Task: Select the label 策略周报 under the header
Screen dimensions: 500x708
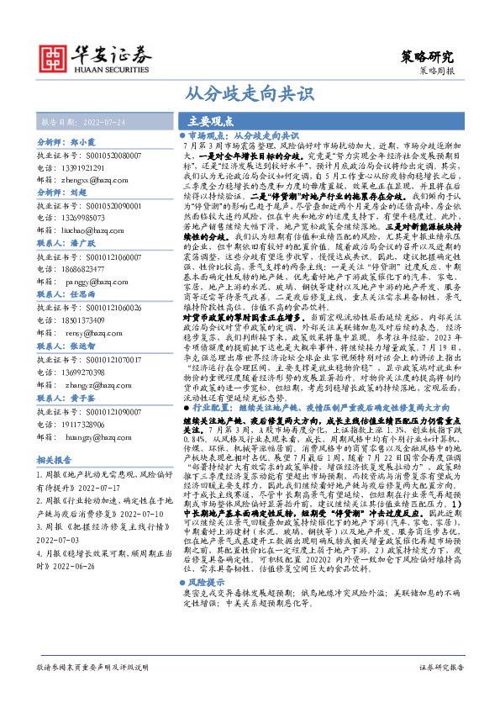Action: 439,73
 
